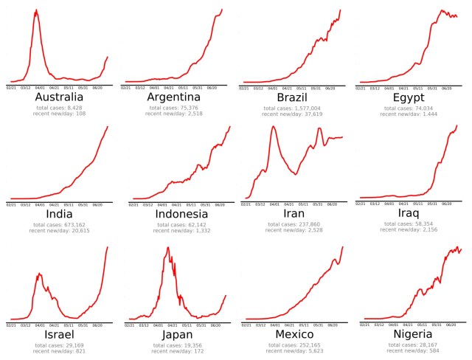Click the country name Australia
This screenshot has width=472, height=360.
58,97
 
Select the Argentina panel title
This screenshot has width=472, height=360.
174,97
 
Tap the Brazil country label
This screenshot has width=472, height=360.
292,97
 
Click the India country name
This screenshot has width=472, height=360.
58,215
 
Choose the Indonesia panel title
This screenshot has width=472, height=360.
175,215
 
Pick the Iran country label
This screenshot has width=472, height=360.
292,215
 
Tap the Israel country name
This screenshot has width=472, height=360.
58,334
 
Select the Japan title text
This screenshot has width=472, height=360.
175,334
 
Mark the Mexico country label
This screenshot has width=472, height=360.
292,334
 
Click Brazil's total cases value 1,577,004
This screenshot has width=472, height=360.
292,108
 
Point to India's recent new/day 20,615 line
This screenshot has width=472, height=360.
58,231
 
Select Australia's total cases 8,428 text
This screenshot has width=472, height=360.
58,108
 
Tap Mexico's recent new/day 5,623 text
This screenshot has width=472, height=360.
292,350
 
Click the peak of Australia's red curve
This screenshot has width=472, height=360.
36,10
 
